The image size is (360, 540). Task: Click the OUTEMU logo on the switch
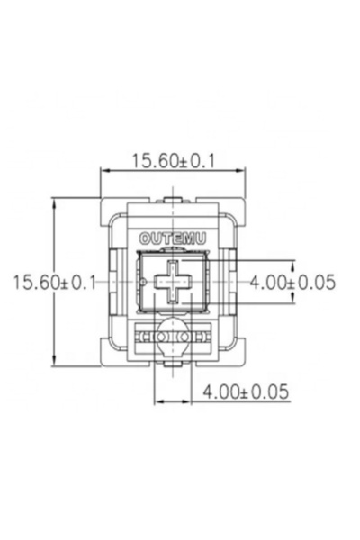[173, 238]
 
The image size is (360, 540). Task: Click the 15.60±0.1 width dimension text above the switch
[174, 161]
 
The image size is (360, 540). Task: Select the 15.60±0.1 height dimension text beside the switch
[54, 283]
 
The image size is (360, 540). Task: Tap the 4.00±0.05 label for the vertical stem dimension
[292, 282]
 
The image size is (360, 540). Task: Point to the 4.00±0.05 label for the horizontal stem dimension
[246, 391]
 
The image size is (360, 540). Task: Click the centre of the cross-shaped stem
[173, 282]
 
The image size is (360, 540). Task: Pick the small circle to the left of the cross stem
[144, 282]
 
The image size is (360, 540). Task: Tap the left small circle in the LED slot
[161, 337]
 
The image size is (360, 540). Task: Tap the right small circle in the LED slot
[184, 337]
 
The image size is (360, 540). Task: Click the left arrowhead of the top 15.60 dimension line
[104, 170]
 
